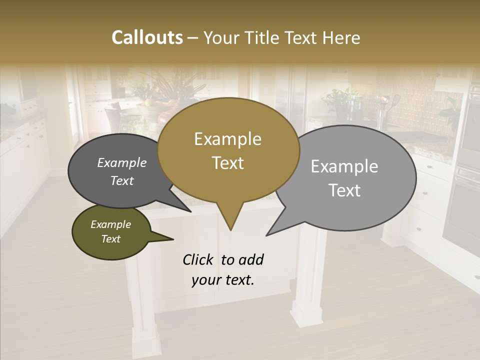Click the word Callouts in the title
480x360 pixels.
pyautogui.click(x=147, y=38)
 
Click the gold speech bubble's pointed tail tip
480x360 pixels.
pyautogui.click(x=230, y=230)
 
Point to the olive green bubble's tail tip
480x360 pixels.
pyautogui.click(x=173, y=239)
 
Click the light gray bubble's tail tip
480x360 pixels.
pyautogui.click(x=267, y=235)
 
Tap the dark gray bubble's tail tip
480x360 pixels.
pyautogui.click(x=191, y=211)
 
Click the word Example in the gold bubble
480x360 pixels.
pyautogui.click(x=227, y=139)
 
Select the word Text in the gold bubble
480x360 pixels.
pyautogui.click(x=227, y=162)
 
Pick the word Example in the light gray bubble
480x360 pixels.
pyautogui.click(x=344, y=166)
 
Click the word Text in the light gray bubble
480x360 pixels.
pyautogui.click(x=344, y=190)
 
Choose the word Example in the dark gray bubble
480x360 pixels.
pyautogui.click(x=121, y=162)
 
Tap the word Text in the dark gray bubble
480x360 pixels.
pyautogui.click(x=121, y=180)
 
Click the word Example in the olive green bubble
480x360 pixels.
pyautogui.click(x=110, y=224)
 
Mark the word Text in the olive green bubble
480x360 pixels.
pyautogui.click(x=110, y=239)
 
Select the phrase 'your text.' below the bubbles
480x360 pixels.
pyautogui.click(x=223, y=280)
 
